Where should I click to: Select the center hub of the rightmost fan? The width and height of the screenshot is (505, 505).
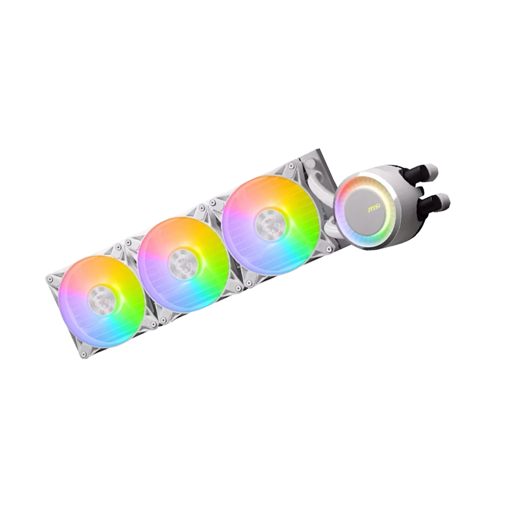point(269,222)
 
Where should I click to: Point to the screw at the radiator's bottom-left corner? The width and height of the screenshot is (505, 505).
point(84,355)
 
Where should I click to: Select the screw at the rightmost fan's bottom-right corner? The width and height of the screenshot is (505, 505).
point(329,249)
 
